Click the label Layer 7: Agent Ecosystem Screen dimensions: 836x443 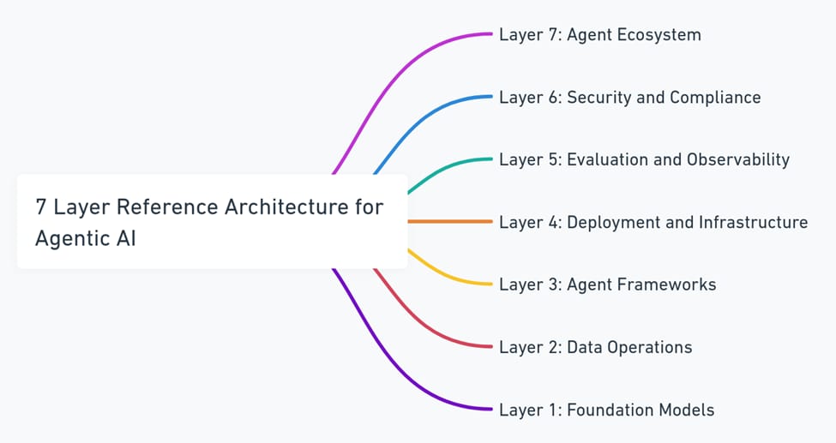pos(600,35)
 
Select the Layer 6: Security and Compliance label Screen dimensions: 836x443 pos(629,98)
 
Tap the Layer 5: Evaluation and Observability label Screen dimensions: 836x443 pos(644,160)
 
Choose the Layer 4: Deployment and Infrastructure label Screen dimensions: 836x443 pos(653,222)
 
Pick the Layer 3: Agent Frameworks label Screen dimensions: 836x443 pos(607,284)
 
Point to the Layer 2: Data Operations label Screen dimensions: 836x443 pos(596,348)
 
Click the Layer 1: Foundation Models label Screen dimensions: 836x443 pos(607,410)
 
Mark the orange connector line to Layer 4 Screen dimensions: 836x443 pos(450,221)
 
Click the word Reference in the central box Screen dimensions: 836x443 pos(167,207)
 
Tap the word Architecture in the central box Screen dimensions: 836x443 pos(286,207)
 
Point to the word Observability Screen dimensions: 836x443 pos(738,160)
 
